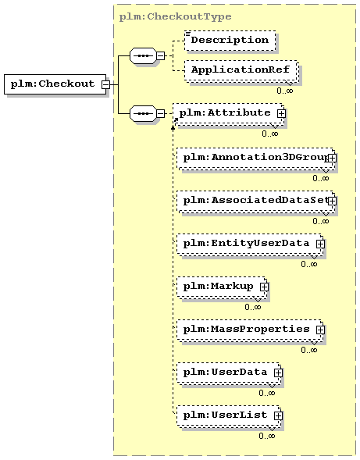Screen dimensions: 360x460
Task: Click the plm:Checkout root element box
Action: pos(55,84)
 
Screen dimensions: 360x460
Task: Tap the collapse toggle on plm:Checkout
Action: pos(105,84)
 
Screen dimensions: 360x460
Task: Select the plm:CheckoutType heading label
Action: pos(175,16)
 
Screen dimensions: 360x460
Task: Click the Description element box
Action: pos(230,41)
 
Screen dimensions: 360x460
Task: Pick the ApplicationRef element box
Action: pos(242,70)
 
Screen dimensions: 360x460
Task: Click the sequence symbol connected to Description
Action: pos(143,55)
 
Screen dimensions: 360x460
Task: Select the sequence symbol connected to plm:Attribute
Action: pos(143,113)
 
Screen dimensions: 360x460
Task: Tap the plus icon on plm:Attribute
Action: pos(281,113)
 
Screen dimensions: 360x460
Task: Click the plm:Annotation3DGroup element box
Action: pos(255,158)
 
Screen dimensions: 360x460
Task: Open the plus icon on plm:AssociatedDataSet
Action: pos(332,201)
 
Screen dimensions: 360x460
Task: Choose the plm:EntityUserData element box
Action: pos(250,244)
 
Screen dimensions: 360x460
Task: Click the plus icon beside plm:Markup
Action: pos(264,287)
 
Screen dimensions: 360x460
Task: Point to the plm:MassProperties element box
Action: pos(250,330)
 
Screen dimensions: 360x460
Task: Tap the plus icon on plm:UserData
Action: pos(278,373)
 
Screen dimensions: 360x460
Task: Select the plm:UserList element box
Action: pos(229,415)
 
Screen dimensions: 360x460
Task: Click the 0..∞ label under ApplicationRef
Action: pos(284,91)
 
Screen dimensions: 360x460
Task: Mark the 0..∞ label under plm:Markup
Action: pos(252,307)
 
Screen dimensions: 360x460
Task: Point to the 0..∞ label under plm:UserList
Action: pos(267,436)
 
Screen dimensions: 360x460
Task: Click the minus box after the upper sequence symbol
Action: pos(161,55)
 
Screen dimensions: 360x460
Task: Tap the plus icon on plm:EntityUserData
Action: pos(320,244)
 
